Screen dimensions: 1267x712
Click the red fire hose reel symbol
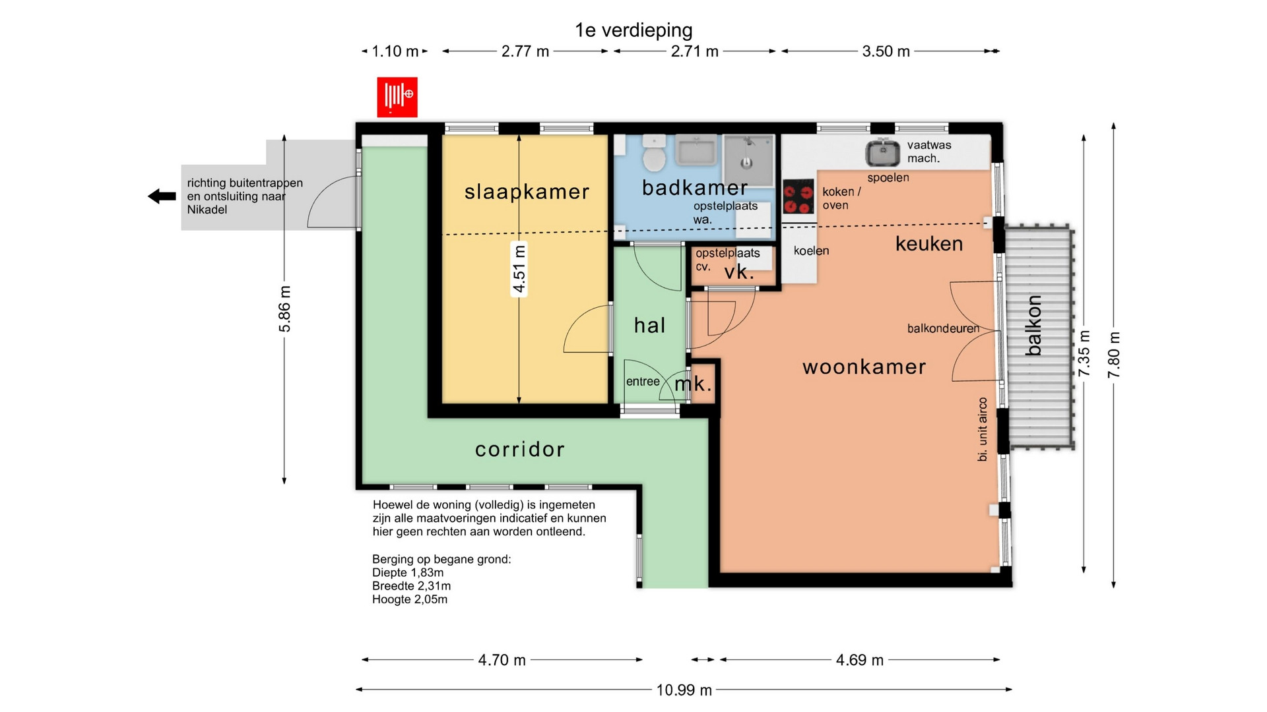point(397,97)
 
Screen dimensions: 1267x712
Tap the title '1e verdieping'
point(633,30)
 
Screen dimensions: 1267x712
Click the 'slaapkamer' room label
point(527,192)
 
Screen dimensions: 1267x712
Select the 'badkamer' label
point(695,188)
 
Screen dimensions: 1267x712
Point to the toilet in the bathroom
point(655,153)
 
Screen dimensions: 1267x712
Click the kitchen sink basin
point(883,153)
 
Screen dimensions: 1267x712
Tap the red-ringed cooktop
point(798,197)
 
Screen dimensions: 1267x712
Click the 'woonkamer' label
point(864,367)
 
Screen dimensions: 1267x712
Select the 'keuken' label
point(929,244)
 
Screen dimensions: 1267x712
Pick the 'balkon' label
point(1033,326)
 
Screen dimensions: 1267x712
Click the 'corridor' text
point(520,450)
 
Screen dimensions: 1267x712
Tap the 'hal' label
point(649,325)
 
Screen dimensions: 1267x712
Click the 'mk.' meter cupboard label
point(693,384)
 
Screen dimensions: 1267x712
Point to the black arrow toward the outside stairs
point(162,196)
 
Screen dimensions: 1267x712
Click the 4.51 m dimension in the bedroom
point(519,270)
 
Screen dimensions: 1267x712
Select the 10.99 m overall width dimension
point(684,690)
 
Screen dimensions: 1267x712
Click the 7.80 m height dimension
point(1114,355)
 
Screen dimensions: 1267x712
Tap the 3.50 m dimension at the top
point(886,51)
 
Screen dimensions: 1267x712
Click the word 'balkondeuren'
point(943,328)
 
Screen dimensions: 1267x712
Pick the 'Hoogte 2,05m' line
point(410,600)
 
